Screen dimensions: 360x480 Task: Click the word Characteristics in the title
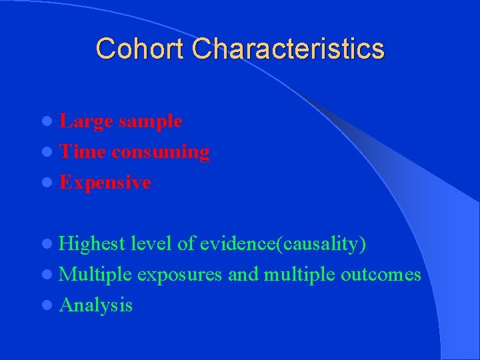pyautogui.click(x=289, y=49)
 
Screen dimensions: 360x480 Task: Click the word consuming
pyautogui.click(x=161, y=152)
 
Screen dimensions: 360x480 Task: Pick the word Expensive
pyautogui.click(x=105, y=183)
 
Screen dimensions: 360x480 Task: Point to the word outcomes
pyautogui.click(x=381, y=275)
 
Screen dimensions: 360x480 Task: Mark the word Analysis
pyautogui.click(x=96, y=305)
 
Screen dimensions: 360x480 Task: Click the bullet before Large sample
pyautogui.click(x=51, y=122)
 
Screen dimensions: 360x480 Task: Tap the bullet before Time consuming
pyautogui.click(x=51, y=153)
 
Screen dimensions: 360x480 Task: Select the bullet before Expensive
pyautogui.click(x=51, y=183)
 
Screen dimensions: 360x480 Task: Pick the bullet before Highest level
pyautogui.click(x=51, y=245)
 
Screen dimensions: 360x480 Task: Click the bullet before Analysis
pyautogui.click(x=51, y=306)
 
